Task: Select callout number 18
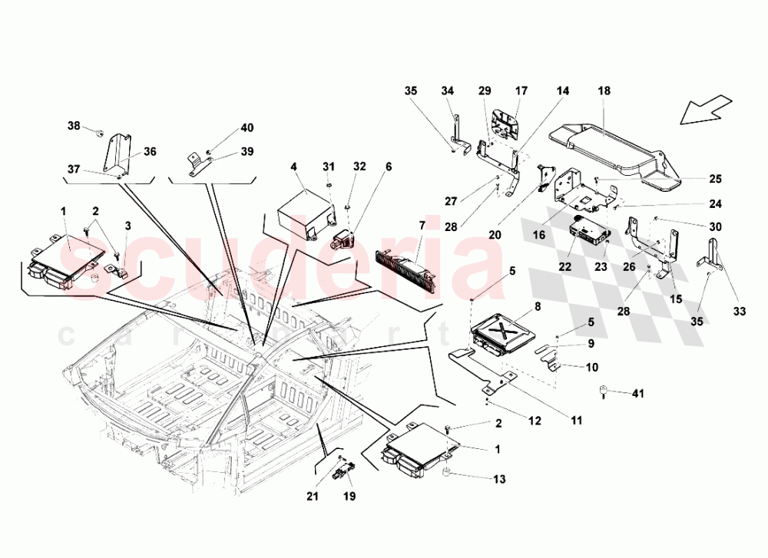pos(604,91)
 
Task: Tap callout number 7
pos(421,226)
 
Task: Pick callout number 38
pos(73,125)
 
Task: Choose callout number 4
pos(293,166)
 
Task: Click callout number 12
pos(534,421)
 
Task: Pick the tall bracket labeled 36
pos(116,157)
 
